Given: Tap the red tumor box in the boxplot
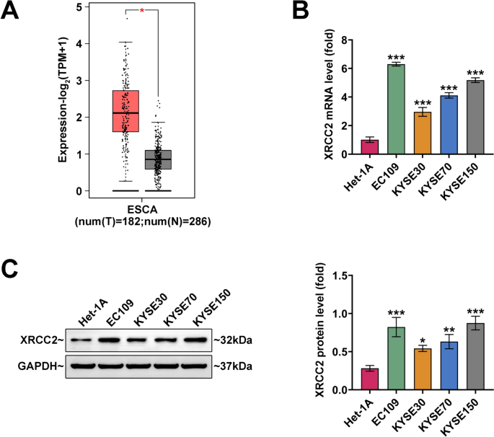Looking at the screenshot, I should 125,111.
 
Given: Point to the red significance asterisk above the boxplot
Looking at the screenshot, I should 142,11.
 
